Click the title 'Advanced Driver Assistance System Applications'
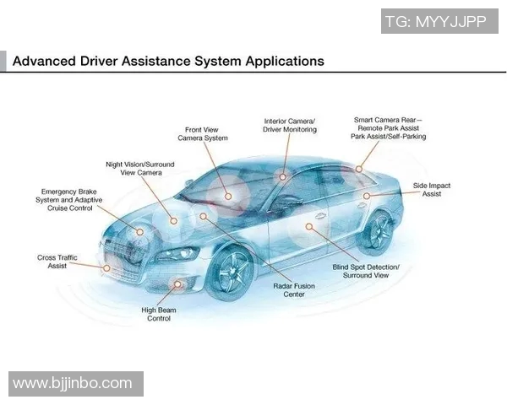(168, 62)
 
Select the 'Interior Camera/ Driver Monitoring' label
(290, 126)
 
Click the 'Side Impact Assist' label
(431, 189)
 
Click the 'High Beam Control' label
(159, 314)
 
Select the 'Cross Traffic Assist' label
(57, 261)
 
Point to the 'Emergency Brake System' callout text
(68, 200)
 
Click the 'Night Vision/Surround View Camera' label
(134, 168)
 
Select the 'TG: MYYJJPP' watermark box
(435, 22)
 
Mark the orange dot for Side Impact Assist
(367, 196)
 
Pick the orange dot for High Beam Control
(177, 287)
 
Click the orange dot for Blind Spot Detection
(310, 226)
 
